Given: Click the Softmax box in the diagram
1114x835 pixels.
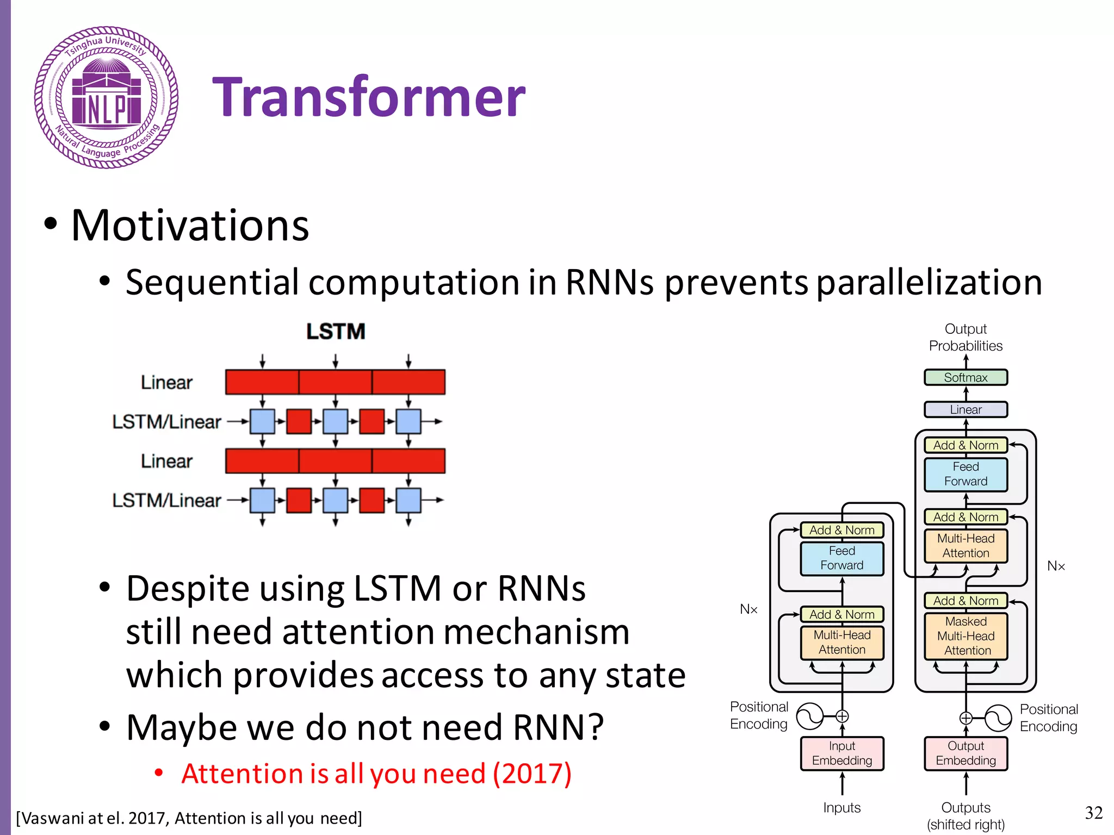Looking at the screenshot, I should pyautogui.click(x=966, y=377).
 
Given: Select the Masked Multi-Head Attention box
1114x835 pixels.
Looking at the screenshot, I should pyautogui.click(x=966, y=636).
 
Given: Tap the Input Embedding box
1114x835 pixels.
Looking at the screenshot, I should pyautogui.click(x=841, y=753).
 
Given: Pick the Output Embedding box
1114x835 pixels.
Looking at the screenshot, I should pyautogui.click(x=966, y=753).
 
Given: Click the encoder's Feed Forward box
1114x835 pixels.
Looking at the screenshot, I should pyautogui.click(x=841, y=558).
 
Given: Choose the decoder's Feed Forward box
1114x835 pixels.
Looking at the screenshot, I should pyautogui.click(x=966, y=474).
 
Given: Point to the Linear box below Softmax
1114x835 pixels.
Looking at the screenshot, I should pyautogui.click(x=966, y=409).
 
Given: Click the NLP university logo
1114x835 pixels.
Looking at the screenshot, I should pyautogui.click(x=107, y=98).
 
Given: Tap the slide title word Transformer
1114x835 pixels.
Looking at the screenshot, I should pyautogui.click(x=369, y=98).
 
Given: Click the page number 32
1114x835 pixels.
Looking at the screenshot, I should pyautogui.click(x=1093, y=813).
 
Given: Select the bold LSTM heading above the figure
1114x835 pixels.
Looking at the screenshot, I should pyautogui.click(x=336, y=332).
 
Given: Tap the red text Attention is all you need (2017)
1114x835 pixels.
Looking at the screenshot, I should pyautogui.click(x=376, y=774).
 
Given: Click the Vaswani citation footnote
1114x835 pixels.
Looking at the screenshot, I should pyautogui.click(x=189, y=818).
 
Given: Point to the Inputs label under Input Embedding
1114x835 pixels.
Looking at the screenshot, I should pyautogui.click(x=841, y=808).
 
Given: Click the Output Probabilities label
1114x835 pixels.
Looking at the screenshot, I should pyautogui.click(x=966, y=337).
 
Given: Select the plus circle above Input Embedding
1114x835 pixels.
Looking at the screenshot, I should pyautogui.click(x=842, y=716).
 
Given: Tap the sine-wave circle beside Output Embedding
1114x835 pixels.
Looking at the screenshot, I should pyautogui.click(x=998, y=718).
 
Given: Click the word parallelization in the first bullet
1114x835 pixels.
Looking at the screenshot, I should pyautogui.click(x=929, y=283).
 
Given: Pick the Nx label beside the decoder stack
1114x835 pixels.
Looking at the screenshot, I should pyautogui.click(x=1056, y=566).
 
